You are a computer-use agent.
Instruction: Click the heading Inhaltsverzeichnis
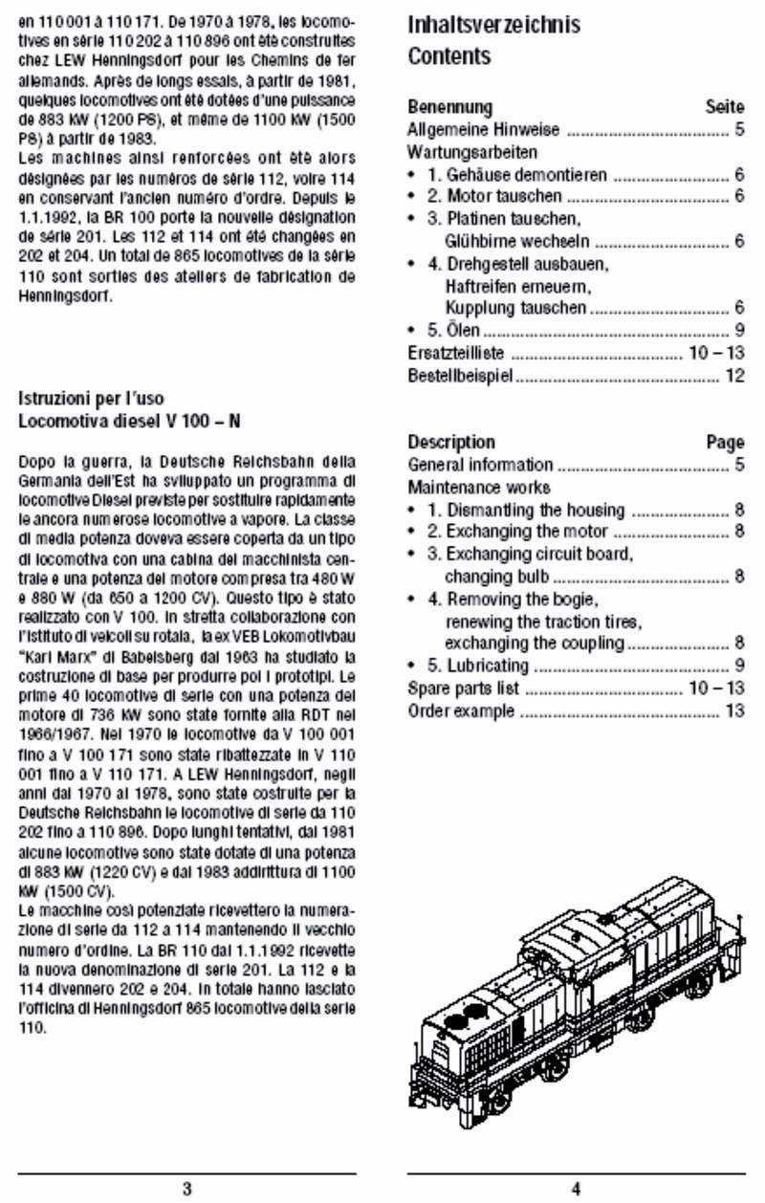click(493, 24)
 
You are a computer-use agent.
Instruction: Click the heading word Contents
click(448, 56)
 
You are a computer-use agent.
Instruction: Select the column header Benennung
click(449, 107)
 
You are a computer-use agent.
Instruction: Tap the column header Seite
click(724, 107)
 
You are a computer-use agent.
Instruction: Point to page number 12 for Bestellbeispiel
click(734, 376)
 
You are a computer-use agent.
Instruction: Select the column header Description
click(451, 443)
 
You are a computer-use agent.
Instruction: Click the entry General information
click(480, 466)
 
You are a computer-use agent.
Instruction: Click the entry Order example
click(461, 711)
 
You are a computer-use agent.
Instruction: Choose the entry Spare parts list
click(464, 689)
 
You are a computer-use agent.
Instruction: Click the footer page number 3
click(186, 1190)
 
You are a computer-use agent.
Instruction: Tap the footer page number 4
click(576, 1190)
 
